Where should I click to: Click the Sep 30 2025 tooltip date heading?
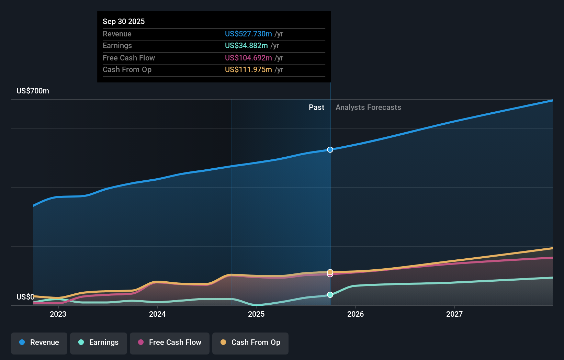124,21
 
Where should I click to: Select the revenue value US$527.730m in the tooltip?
248,34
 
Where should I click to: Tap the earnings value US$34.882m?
246,45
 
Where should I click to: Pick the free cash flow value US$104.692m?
248,58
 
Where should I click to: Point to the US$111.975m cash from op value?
248,69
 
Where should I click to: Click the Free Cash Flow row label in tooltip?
129,58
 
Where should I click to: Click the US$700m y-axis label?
33,91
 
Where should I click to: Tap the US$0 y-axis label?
25,297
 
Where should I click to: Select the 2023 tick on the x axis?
58,314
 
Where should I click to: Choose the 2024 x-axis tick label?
157,314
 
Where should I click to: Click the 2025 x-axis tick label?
256,314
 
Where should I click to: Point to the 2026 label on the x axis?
356,314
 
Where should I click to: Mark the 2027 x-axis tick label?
454,314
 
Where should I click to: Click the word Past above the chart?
316,107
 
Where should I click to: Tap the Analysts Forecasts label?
368,107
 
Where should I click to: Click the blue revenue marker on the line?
330,150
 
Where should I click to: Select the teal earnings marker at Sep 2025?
330,295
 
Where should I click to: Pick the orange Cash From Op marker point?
330,272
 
